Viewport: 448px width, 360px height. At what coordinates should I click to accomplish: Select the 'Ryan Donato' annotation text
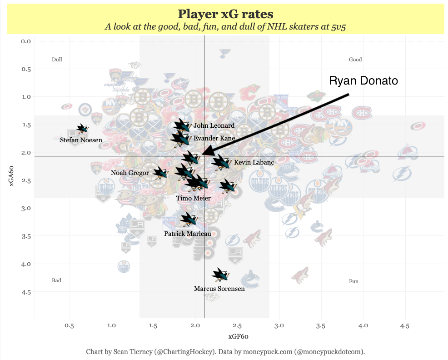coord(363,81)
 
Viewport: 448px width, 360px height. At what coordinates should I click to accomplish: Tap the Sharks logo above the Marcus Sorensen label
coord(220,275)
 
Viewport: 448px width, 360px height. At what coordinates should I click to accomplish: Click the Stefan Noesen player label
coord(81,140)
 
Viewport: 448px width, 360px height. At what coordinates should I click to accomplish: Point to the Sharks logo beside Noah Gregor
coord(160,172)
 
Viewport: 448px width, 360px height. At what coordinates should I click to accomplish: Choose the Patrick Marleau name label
coord(187,234)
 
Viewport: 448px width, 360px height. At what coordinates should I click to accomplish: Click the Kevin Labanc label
coord(254,162)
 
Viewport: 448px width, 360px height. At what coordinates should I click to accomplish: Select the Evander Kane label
coord(214,138)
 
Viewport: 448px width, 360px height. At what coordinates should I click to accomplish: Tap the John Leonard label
coord(214,125)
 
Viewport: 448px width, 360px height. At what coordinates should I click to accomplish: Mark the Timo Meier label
coord(194,198)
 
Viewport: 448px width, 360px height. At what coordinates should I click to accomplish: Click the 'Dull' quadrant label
coord(57,60)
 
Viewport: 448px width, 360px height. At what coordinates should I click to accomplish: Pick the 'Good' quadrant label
coord(355,60)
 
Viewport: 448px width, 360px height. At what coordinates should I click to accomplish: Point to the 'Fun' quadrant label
coord(353,281)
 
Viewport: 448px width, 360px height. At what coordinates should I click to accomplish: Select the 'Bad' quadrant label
coord(56,280)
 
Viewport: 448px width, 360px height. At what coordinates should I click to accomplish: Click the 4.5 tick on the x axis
coord(404,326)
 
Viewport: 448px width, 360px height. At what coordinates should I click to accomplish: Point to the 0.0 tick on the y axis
coord(25,41)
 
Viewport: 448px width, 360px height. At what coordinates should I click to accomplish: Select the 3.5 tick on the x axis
coord(321,326)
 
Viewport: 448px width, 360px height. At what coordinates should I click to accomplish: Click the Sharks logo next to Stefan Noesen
coord(82,129)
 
